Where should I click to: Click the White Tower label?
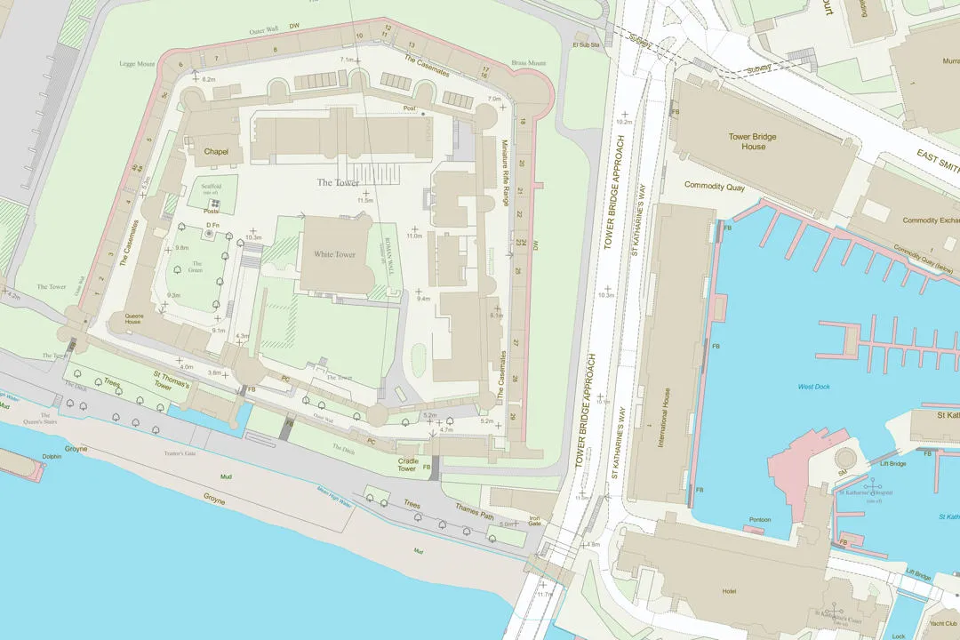334,254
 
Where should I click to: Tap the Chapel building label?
216,152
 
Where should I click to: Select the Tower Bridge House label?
753,141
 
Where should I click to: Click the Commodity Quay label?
715,186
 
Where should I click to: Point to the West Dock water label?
813,387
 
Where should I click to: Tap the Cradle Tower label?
407,465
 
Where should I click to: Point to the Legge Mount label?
137,64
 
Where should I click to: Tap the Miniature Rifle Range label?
506,179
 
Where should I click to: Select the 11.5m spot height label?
365,201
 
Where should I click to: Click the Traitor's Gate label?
180,453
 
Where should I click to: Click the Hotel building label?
730,591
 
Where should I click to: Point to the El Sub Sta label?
587,44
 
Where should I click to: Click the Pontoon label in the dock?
759,520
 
